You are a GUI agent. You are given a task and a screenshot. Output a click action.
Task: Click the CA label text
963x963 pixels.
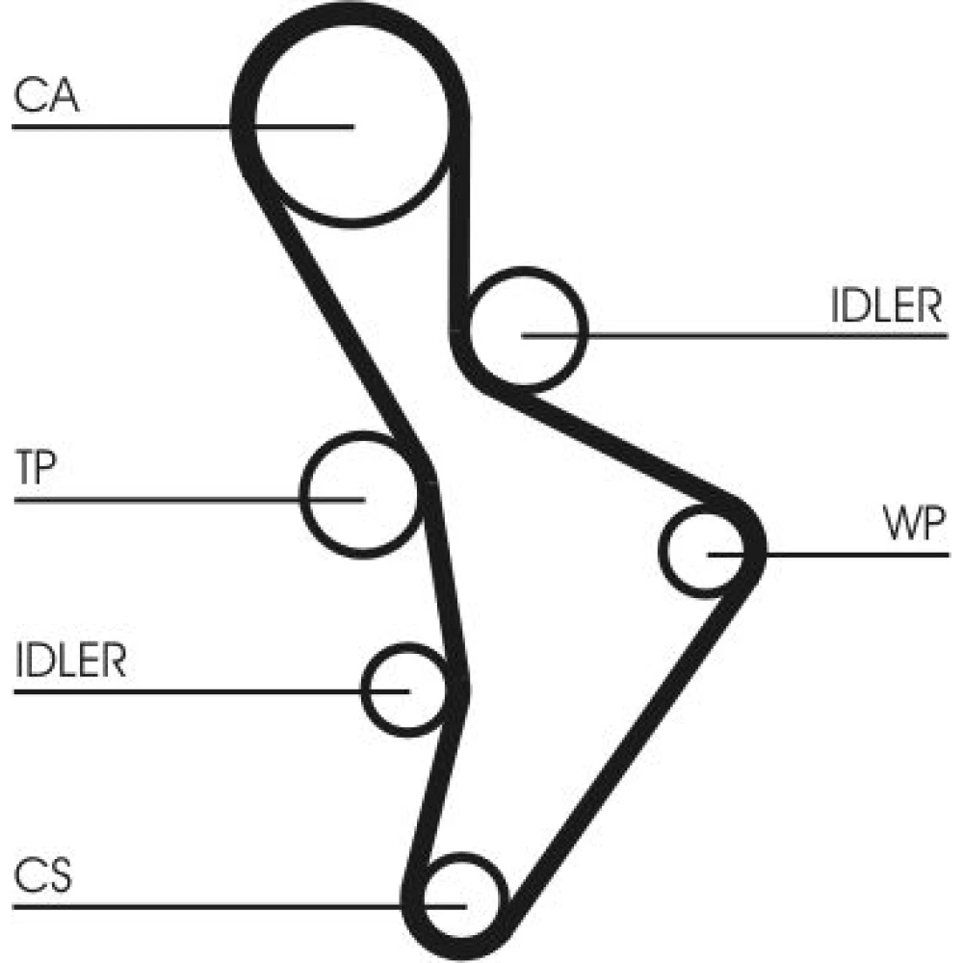(x=47, y=97)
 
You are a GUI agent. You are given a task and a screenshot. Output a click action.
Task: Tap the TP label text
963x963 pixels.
(x=38, y=471)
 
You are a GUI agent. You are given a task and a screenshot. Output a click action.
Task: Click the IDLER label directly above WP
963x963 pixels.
(x=885, y=306)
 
